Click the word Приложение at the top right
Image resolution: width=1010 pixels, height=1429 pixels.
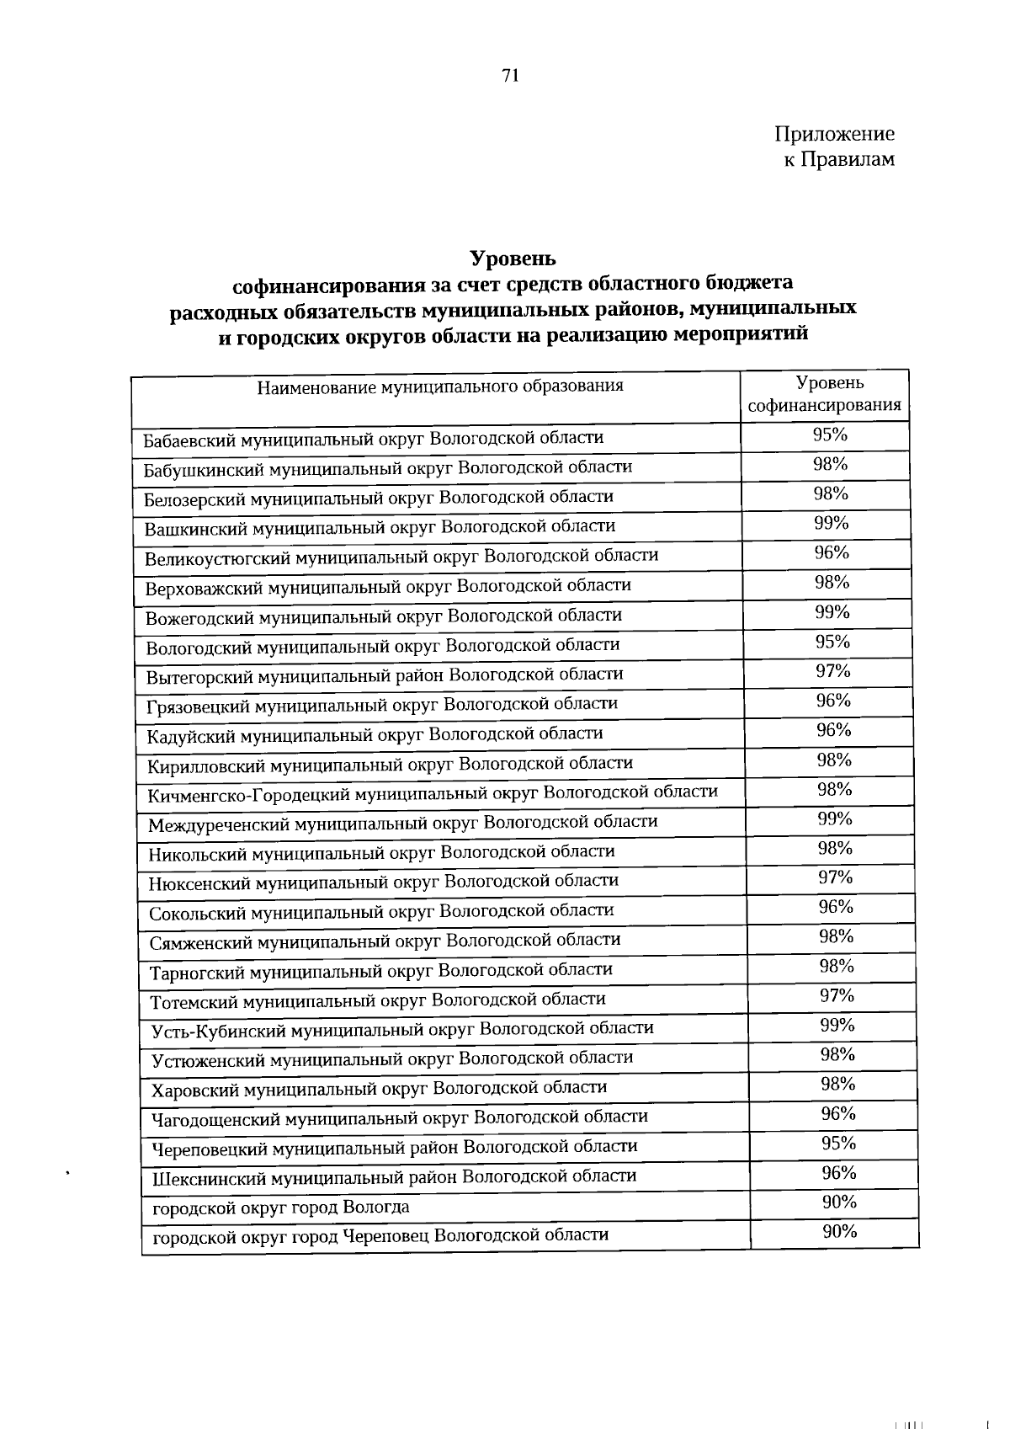pos(834,134)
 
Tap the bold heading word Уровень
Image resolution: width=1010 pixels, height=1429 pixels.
pos(513,257)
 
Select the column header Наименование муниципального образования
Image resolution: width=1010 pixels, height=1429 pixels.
pos(440,387)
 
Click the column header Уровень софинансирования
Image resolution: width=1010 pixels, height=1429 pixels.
pos(826,395)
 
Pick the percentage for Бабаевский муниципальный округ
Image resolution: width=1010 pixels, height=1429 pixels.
pos(830,435)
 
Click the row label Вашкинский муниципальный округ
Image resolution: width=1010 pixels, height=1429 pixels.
pos(380,528)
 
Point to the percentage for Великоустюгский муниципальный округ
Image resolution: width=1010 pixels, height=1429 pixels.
pos(832,553)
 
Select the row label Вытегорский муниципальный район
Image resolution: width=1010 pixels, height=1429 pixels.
pos(385,675)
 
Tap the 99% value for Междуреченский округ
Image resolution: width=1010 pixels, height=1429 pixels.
pos(835,818)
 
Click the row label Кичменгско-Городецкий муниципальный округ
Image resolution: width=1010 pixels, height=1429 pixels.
pos(433,793)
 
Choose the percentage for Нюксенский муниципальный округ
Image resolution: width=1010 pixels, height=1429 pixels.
pos(836,877)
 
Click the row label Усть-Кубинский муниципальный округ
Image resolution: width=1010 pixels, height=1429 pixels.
pos(402,1029)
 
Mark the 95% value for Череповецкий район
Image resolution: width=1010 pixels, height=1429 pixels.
pos(838,1144)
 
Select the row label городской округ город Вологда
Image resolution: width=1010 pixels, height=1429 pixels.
pos(281,1208)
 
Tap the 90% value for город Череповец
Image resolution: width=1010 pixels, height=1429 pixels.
pos(840,1232)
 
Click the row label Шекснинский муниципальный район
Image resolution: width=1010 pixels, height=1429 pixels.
pos(394,1177)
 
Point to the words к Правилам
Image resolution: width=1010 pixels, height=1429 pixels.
pos(840,159)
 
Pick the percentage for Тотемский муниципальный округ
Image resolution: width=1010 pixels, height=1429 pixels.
pos(837,996)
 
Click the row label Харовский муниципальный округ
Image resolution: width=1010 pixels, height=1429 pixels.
pos(379,1089)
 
